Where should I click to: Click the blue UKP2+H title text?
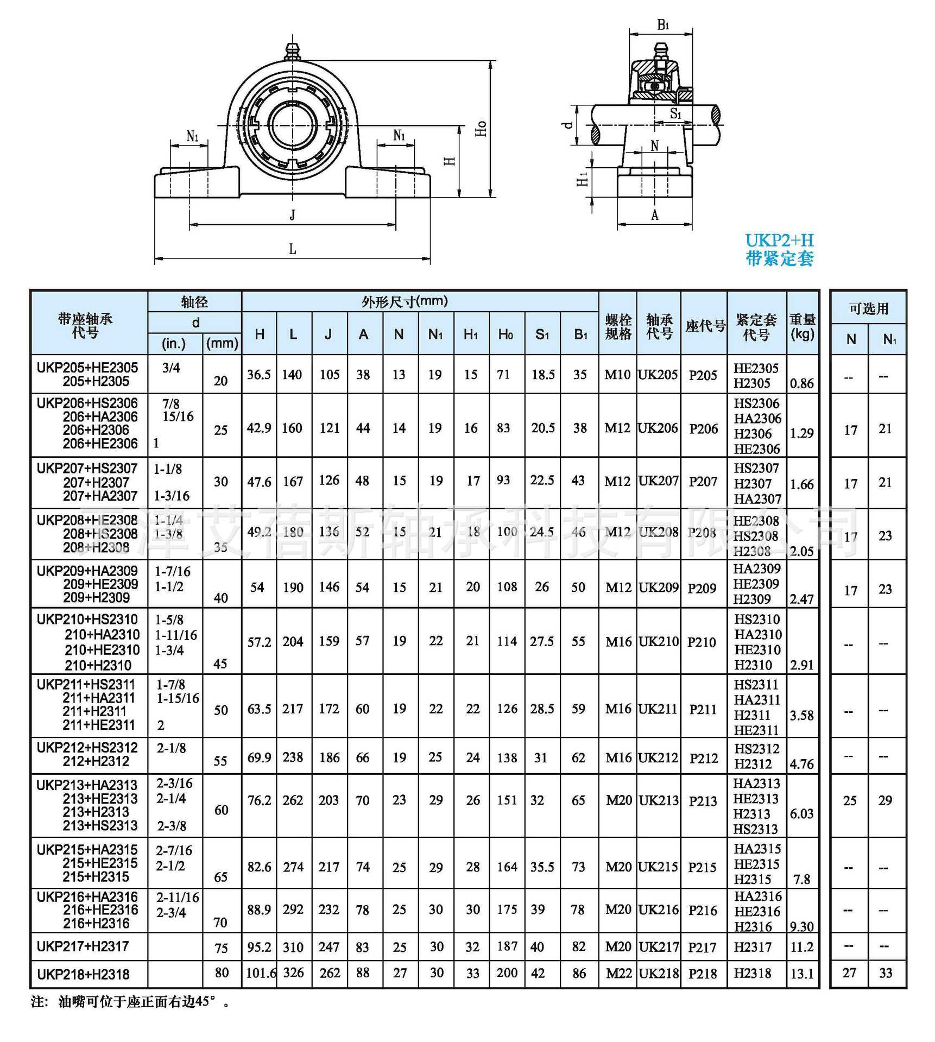pos(779,241)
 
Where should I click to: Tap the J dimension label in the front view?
pos(293,215)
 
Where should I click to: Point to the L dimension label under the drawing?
pos(292,249)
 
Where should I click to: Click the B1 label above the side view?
pos(663,25)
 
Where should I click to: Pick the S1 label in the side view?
pos(675,113)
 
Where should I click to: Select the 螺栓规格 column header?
pos(618,326)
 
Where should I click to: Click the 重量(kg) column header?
pos(803,326)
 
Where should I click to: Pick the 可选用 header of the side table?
pos(868,308)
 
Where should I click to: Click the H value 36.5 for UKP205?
pos(259,375)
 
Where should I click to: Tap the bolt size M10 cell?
pos(617,375)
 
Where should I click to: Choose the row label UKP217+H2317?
pos(83,946)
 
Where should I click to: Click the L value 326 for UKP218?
pos(293,973)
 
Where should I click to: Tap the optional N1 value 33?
pos(886,973)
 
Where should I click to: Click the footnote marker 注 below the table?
pos(39,1002)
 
